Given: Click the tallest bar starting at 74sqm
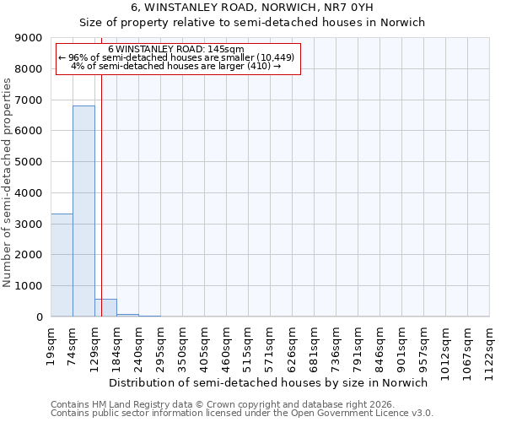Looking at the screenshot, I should pos(83,211).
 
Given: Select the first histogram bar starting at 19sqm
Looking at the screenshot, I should pos(62,265).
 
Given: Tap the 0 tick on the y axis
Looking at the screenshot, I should pos(40,317).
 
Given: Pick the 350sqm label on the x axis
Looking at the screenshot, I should pos(183,344).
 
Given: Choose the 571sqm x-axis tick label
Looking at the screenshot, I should pos(271,344).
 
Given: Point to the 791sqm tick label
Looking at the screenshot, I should pos(358,344).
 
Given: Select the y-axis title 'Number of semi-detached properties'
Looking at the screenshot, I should pos(8,182).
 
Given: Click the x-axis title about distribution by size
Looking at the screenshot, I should pos(269,382).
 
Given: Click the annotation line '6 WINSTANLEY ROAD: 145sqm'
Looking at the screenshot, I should pos(176,49).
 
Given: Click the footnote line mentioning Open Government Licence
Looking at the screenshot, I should pos(242,414).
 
